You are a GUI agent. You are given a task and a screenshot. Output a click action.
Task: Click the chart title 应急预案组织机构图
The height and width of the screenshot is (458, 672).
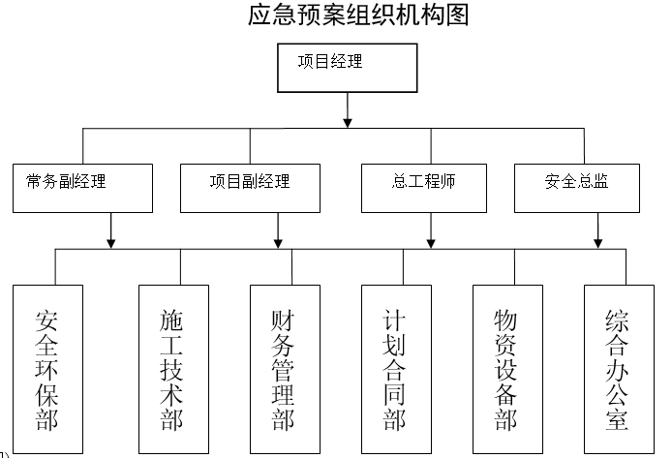358,16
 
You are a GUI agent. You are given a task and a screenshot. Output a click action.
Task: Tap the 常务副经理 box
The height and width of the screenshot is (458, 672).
83,188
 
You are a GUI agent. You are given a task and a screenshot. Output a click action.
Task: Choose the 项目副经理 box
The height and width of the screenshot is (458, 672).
250,188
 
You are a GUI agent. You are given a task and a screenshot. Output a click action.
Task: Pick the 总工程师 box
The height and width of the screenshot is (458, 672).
424,188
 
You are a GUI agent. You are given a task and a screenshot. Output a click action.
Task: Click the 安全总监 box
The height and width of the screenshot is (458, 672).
576,188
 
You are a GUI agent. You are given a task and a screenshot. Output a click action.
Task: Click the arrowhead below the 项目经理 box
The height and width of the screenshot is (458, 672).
348,122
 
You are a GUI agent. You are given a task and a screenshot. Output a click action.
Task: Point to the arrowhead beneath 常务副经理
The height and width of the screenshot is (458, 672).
113,239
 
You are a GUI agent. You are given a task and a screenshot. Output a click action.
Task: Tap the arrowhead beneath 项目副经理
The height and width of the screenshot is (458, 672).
279,239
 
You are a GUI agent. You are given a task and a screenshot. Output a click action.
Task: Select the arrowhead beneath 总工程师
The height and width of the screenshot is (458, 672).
431,239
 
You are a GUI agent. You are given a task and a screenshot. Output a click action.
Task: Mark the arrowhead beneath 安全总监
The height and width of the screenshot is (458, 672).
599,239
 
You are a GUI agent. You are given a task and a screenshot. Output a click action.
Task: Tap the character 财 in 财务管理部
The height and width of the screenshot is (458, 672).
284,320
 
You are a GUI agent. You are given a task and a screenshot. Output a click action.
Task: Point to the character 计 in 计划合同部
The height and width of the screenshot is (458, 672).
395,320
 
